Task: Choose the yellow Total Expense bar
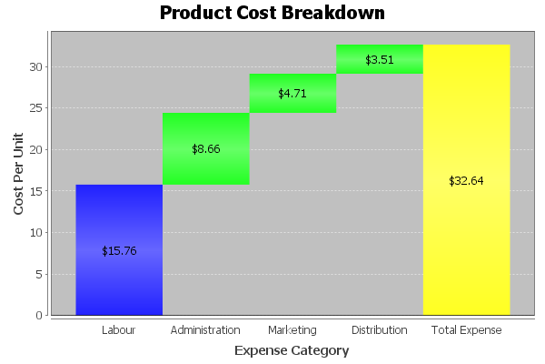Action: [x=466, y=227]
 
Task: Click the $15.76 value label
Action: [x=119, y=250]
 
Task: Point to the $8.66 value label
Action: [x=206, y=148]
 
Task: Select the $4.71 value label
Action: [x=292, y=93]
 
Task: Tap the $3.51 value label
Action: [x=380, y=60]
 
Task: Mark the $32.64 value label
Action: [x=466, y=180]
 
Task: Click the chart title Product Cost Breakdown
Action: [x=272, y=13]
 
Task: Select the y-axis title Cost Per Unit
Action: [x=19, y=173]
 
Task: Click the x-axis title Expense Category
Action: [x=291, y=350]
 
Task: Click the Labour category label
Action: [x=119, y=329]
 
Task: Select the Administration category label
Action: [x=205, y=329]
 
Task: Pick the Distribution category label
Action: [x=380, y=329]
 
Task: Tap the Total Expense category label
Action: [x=466, y=329]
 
